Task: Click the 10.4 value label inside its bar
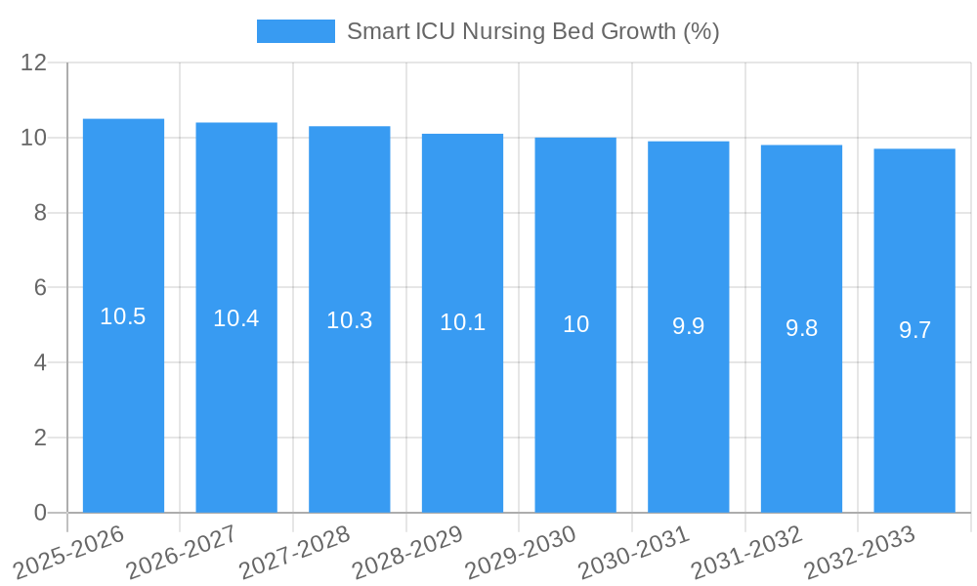[x=236, y=318]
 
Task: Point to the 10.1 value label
[x=462, y=322]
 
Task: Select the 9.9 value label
[x=689, y=326]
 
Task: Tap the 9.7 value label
[x=914, y=330]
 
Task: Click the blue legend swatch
[x=295, y=31]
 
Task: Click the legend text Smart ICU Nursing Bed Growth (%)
[x=532, y=31]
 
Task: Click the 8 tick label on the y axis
[x=40, y=213]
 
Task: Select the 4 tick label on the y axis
[x=40, y=362]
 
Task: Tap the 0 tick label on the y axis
[x=40, y=513]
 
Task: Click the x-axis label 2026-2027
[x=182, y=552]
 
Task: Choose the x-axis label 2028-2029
[x=407, y=552]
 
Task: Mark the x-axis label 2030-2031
[x=634, y=552]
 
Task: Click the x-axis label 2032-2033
[x=860, y=552]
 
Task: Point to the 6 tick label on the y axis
[x=40, y=288]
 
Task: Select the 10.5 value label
[x=123, y=316]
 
